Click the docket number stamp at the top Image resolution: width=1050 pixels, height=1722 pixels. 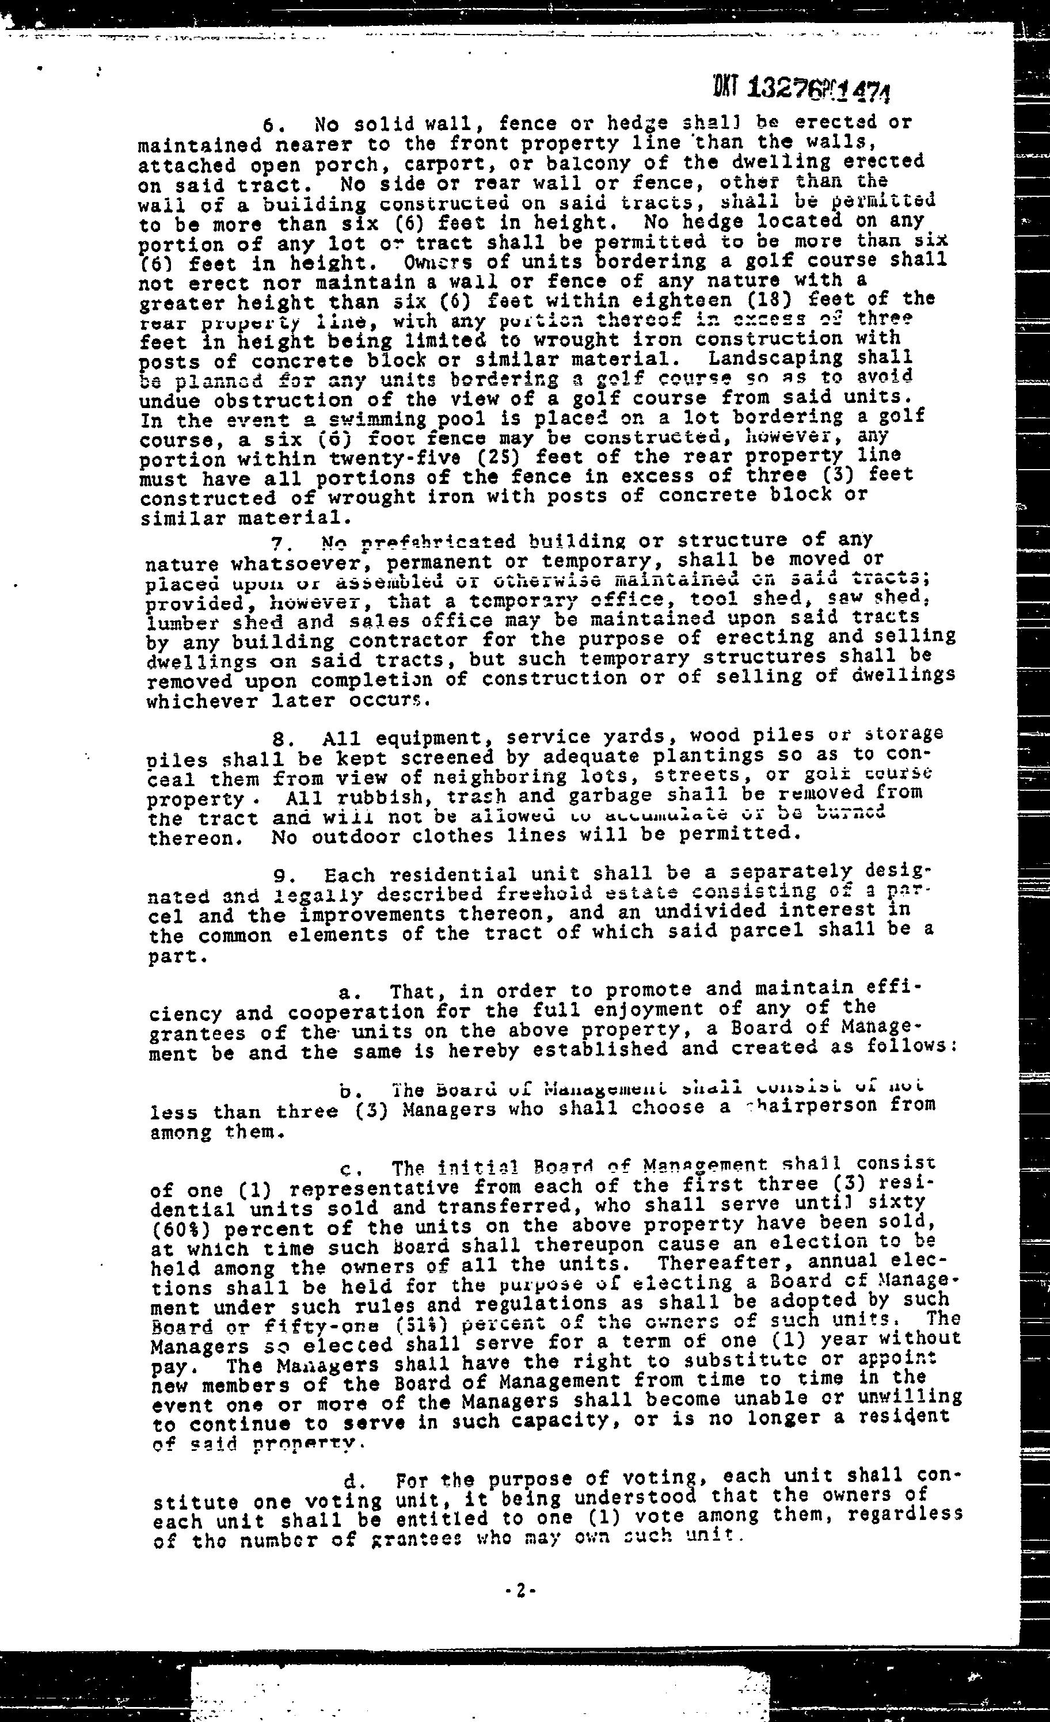(793, 89)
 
